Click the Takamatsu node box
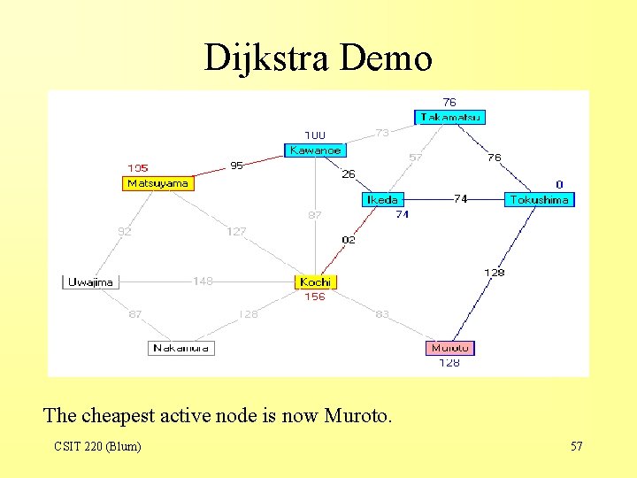(450, 117)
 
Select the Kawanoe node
(315, 150)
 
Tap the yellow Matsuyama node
(158, 183)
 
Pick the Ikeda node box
(382, 200)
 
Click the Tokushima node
(539, 200)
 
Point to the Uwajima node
(90, 281)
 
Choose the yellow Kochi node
(316, 281)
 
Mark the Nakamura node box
(181, 348)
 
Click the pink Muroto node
(450, 348)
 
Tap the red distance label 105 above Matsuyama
(138, 167)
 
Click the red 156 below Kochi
(315, 297)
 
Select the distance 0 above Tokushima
(559, 184)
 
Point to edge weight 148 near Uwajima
(203, 281)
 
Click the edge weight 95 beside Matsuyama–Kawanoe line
(236, 165)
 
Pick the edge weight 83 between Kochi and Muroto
(382, 314)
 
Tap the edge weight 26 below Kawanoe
(349, 174)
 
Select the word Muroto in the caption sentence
(356, 414)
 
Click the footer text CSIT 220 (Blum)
(96, 446)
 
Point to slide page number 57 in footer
(576, 446)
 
